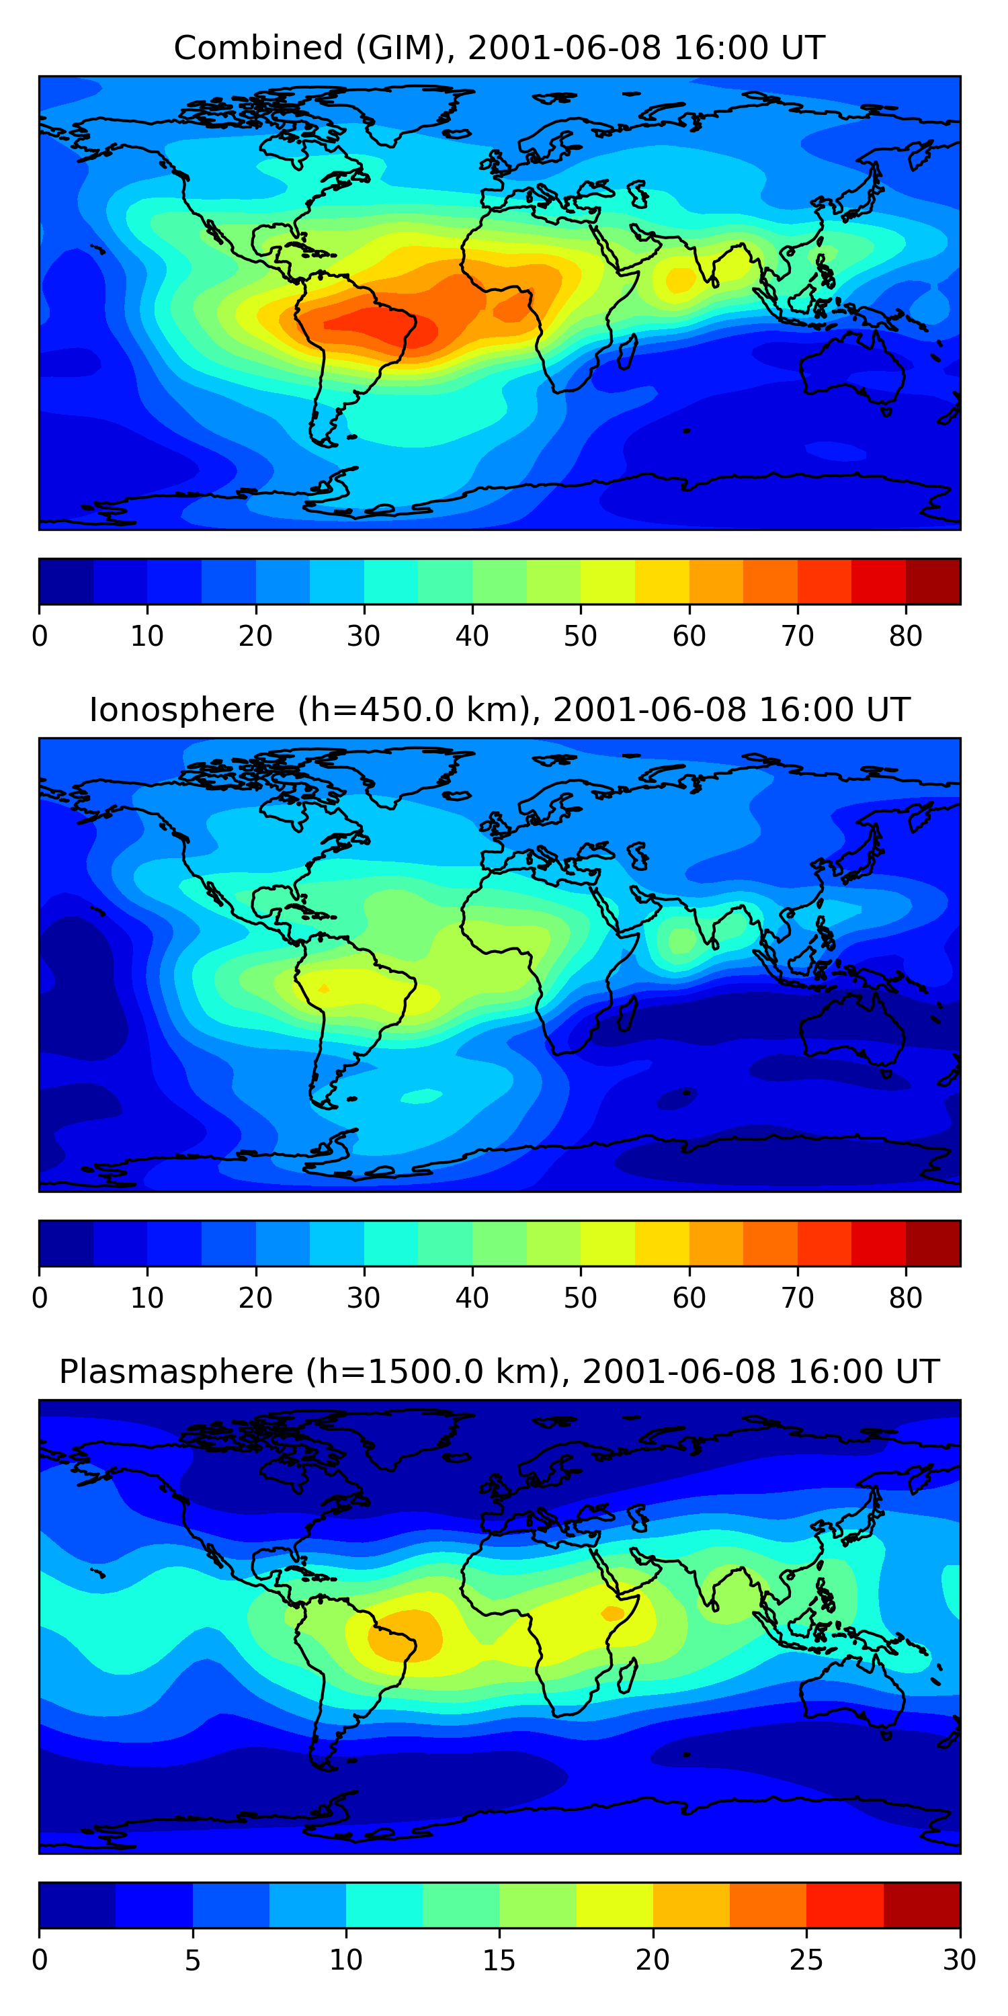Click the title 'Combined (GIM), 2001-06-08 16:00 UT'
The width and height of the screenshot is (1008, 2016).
coord(499,48)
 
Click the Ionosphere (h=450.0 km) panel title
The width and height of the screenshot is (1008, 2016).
coord(499,710)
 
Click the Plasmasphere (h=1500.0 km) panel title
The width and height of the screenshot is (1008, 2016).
coord(499,1372)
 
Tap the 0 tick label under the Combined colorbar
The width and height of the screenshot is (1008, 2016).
coord(40,636)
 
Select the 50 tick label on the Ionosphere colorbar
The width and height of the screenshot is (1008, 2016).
coord(580,1298)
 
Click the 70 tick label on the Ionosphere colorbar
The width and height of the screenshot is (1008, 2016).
coord(798,1298)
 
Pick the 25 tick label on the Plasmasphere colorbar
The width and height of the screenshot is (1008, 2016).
coord(806,1960)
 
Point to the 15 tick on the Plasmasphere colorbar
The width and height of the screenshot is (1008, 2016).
coord(499,1960)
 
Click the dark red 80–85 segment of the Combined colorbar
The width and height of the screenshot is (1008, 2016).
coord(933,581)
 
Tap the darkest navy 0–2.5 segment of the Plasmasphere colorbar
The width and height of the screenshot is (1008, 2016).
coord(77,1905)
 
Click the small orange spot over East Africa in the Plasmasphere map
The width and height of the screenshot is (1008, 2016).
coord(612,1613)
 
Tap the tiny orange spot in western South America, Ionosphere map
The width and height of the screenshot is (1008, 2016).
coord(324,989)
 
